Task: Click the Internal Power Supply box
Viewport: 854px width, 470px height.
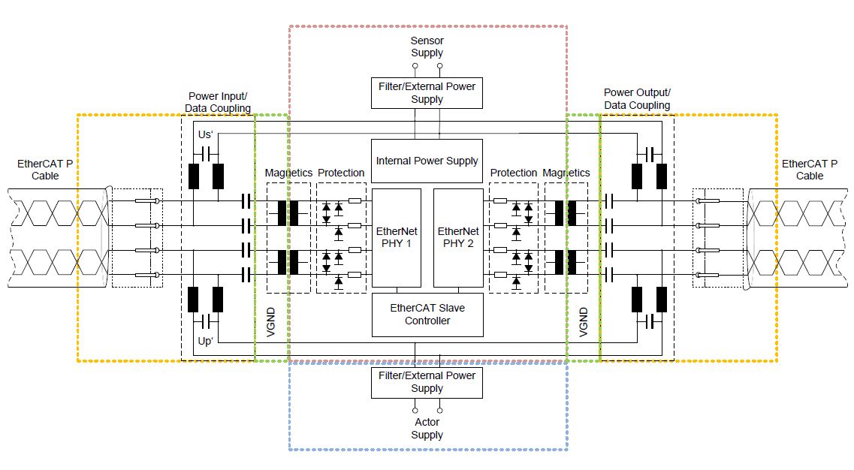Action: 427,161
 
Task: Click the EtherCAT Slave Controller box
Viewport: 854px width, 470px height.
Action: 427,315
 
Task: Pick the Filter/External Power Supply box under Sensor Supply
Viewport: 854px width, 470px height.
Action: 427,92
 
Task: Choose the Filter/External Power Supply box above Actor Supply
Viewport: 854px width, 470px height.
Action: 427,382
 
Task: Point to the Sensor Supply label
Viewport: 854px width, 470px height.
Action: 427,47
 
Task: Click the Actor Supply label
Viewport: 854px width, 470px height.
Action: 427,429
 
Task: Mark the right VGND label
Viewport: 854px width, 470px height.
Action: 583,321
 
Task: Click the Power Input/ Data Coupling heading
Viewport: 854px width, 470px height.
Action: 218,102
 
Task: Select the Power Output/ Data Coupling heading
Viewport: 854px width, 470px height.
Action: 637,98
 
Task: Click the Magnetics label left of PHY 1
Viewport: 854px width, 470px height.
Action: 288,173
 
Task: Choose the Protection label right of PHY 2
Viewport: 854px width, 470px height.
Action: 514,173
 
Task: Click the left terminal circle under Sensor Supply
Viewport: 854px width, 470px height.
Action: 415,66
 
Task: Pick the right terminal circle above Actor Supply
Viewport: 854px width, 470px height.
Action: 439,411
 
